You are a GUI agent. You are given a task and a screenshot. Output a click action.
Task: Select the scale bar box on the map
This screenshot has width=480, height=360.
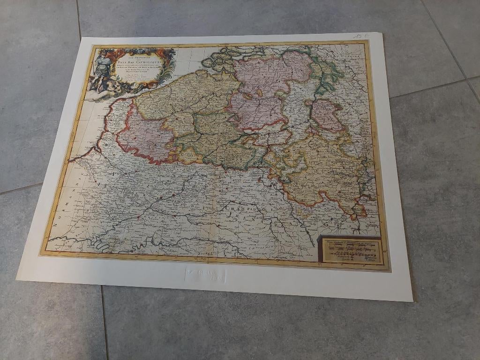tap(351, 249)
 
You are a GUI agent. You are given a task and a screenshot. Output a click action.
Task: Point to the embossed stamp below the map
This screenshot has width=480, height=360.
tap(205, 274)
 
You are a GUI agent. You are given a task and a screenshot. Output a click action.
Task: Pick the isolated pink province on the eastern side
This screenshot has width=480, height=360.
tap(327, 115)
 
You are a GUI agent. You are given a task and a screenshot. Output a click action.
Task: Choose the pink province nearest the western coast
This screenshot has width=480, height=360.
tap(143, 136)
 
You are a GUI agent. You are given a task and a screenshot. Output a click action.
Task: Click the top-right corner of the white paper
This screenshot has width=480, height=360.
tap(382, 33)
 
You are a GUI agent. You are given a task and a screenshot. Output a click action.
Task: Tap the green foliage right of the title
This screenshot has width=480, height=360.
tap(169, 66)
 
